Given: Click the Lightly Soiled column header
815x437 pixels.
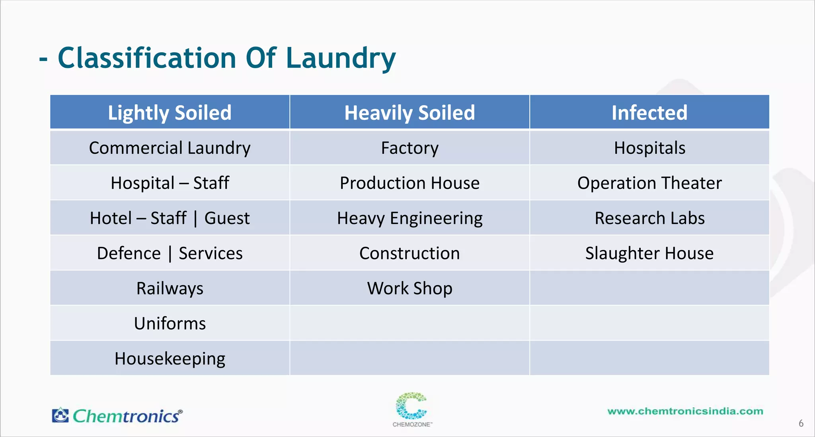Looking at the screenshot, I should coord(170,113).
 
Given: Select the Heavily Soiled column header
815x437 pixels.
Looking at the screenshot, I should coord(409,113).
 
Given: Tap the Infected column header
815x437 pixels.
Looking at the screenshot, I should coord(649,113).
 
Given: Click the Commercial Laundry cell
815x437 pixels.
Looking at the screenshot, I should coord(170,148).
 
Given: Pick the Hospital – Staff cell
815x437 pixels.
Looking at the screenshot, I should coord(170,183).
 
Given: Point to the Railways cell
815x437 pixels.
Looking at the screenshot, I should coord(170,288).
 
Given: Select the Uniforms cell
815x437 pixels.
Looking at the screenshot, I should coord(170,323).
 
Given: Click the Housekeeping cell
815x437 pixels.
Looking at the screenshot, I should coord(170,358).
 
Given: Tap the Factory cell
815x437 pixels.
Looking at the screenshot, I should coord(409,148).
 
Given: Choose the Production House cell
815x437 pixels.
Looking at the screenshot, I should coord(409,183).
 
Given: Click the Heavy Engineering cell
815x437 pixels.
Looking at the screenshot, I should coord(409,218).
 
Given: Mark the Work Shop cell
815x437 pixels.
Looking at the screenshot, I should coord(409,288).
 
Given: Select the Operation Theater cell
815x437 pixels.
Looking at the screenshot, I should coord(649,183).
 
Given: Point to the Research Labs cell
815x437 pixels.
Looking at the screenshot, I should coord(649,218).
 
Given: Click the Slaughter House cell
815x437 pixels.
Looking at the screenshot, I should coord(649,253).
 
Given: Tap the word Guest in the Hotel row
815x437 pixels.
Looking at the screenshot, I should coord(227,218).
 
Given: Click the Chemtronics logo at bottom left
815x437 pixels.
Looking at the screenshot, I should coord(117,416).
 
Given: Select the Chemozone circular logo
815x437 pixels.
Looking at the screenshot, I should coord(411,406).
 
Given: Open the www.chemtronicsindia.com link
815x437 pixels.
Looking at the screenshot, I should coord(685,411).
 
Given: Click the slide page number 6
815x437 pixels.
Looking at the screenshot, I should coord(801,423).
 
